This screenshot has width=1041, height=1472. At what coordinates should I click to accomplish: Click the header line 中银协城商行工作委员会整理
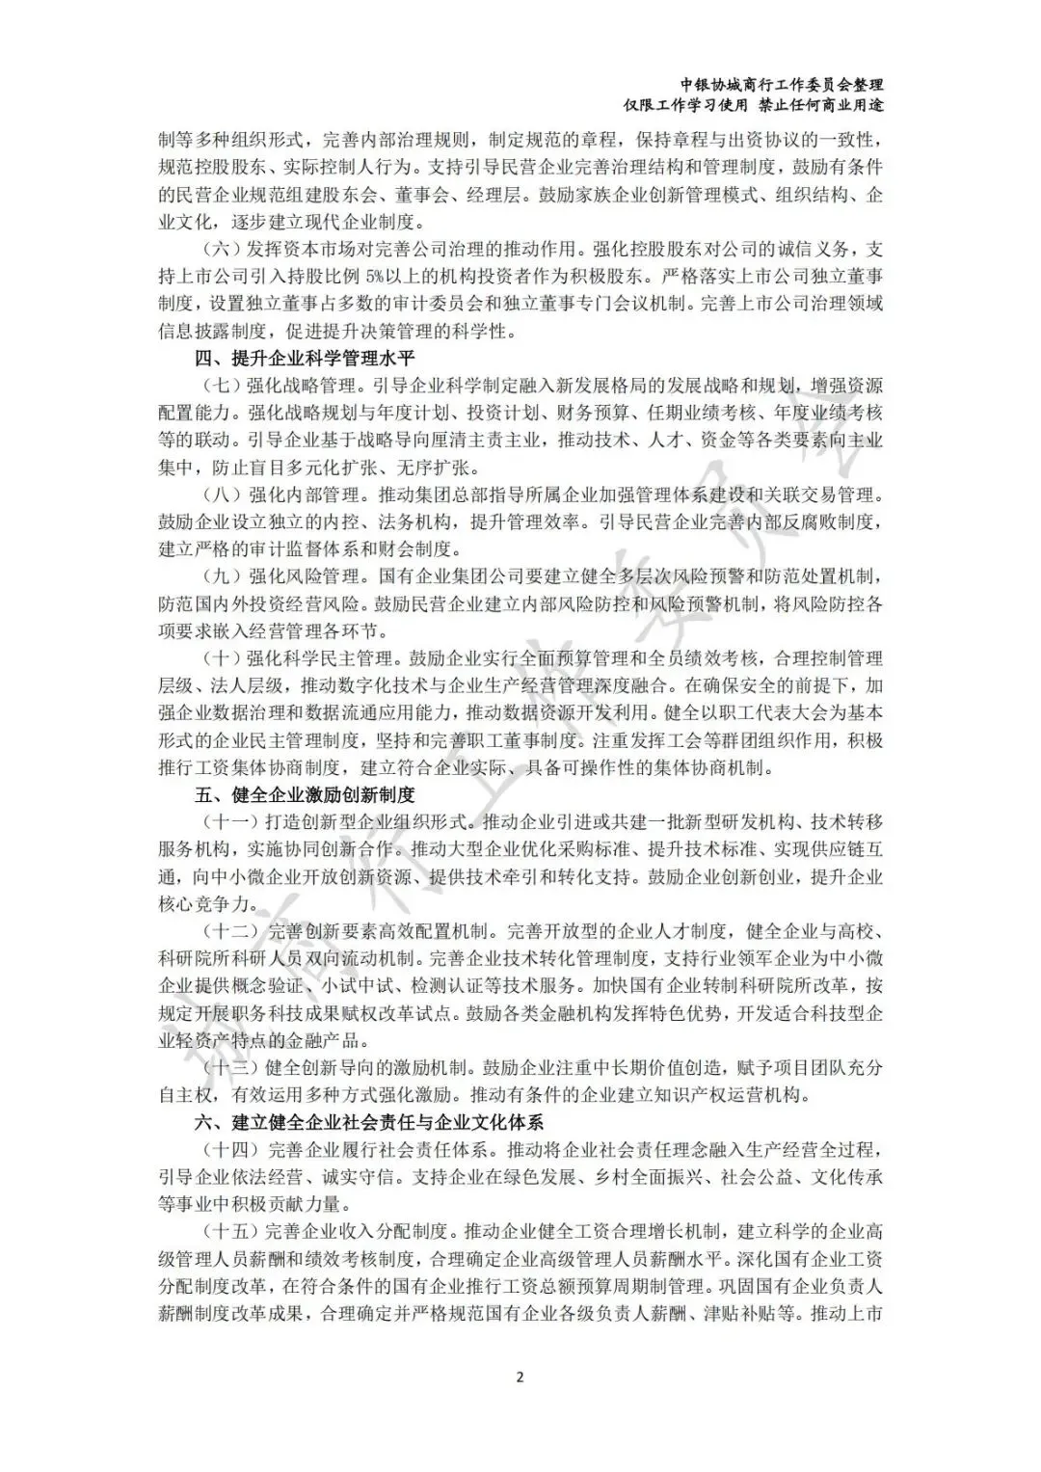point(782,85)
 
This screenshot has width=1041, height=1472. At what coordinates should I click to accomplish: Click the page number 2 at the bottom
point(520,1376)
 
